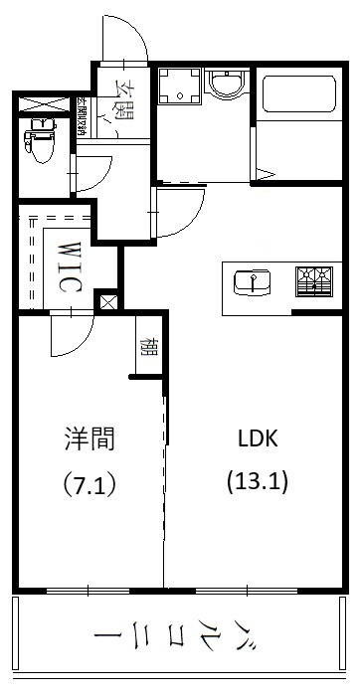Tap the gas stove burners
pos(314,281)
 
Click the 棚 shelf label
pos(147,348)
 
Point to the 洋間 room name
pos(89,438)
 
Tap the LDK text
pos(257,438)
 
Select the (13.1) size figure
pos(257,484)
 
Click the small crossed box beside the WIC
pos(107,300)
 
